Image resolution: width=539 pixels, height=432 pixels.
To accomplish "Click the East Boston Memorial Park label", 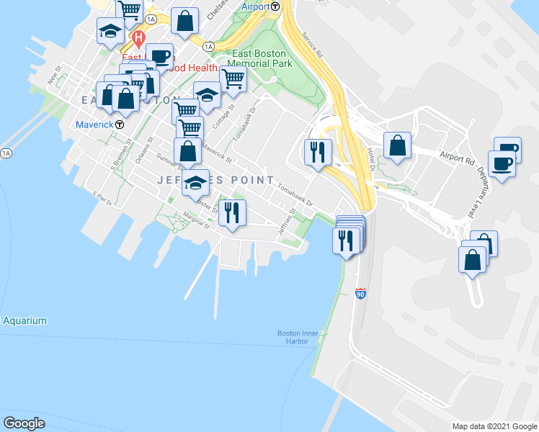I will [x=259, y=58].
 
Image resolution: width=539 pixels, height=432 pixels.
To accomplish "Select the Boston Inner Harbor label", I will [x=294, y=336].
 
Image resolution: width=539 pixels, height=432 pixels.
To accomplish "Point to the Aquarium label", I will [x=24, y=320].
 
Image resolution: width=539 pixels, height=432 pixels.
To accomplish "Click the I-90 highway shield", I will [x=360, y=294].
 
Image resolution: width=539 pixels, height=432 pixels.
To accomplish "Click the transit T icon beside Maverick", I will [x=120, y=125].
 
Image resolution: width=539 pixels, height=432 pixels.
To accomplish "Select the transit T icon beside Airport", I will [x=276, y=6].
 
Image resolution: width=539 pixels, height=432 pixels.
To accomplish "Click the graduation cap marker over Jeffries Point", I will [x=195, y=184].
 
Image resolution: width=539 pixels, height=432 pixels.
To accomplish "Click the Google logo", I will [x=24, y=423].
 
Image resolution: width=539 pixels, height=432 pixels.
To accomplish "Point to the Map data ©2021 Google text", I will [x=494, y=426].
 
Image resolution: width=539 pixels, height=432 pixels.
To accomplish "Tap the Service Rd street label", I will [x=313, y=45].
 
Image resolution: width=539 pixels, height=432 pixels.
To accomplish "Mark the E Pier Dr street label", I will [x=103, y=199].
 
